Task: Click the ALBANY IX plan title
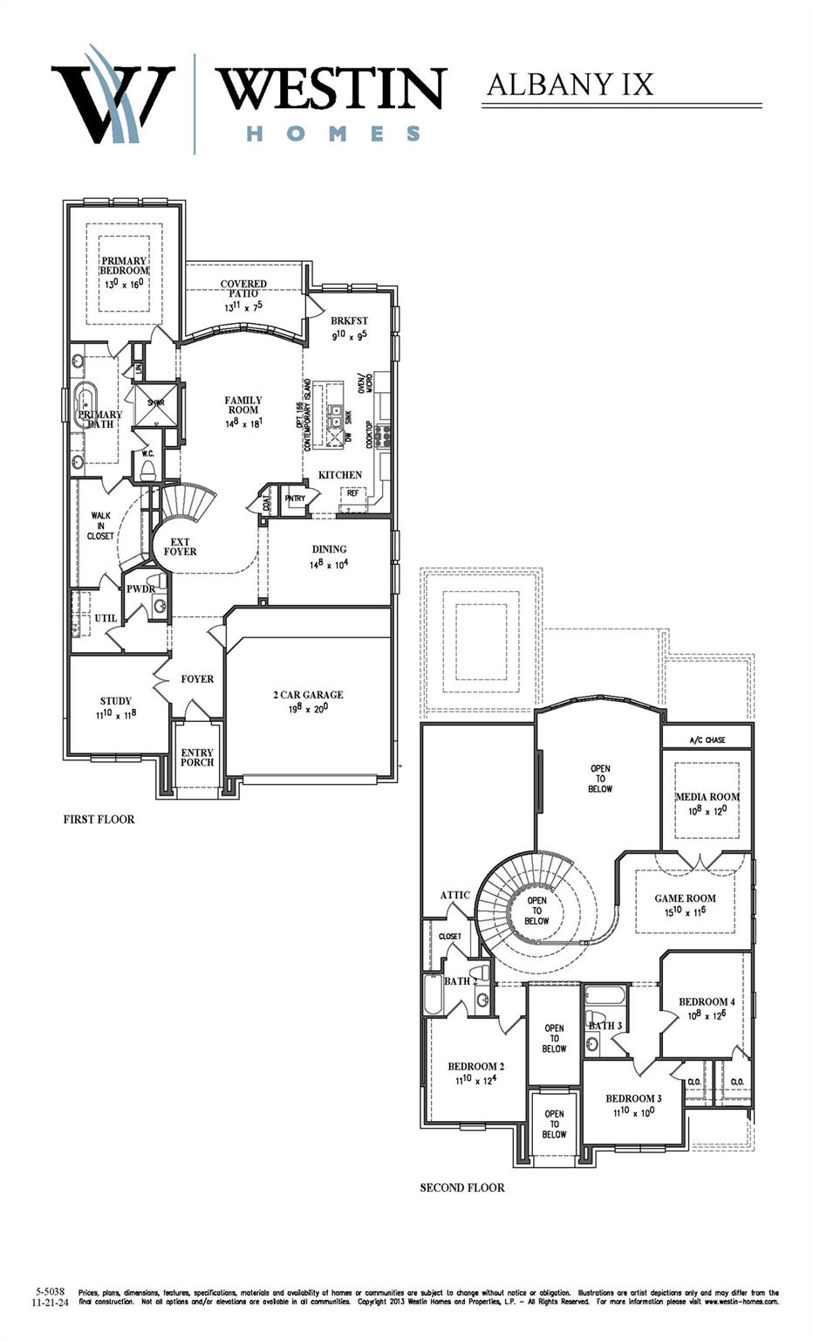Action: tap(570, 85)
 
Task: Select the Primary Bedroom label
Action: tap(124, 265)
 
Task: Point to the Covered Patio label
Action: tap(243, 289)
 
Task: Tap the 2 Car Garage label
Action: tap(308, 695)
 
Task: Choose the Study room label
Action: tap(116, 701)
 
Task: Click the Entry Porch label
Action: tap(197, 757)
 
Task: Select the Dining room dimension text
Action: tap(330, 564)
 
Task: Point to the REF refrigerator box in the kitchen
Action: tap(352, 493)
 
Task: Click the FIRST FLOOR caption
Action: tap(99, 820)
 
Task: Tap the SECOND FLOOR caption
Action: tap(462, 1187)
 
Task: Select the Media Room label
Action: tap(707, 796)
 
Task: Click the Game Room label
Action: tap(686, 897)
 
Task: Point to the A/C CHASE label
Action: tap(707, 740)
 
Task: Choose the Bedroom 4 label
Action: tap(707, 1001)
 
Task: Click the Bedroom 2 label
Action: tap(476, 1066)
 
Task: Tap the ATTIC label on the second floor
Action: tap(455, 895)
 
